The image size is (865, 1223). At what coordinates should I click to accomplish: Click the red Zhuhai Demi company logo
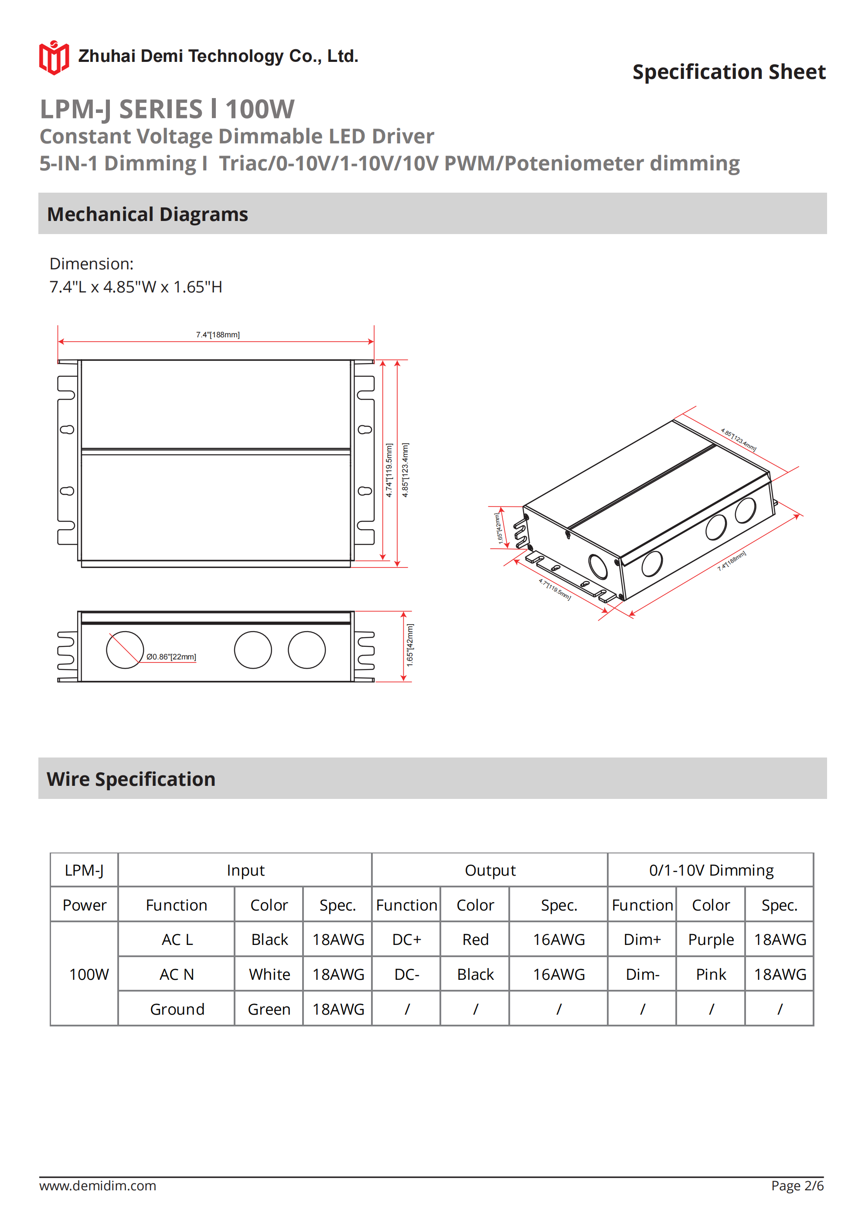(54, 58)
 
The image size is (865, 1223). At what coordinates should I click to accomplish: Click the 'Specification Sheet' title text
(729, 72)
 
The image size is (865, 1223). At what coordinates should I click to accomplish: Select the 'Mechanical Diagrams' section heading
(148, 214)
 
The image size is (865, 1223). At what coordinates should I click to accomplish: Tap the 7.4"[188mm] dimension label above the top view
(218, 334)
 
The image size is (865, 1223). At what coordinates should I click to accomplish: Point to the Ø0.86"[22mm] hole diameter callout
(171, 657)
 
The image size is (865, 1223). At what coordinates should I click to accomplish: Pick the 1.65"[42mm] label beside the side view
(410, 645)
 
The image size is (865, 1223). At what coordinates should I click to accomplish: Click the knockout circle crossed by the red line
(125, 650)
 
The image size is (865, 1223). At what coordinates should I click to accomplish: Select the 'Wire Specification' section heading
(131, 779)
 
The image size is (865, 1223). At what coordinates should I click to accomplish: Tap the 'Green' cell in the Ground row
(269, 1009)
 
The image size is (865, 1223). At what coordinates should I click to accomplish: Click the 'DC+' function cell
(407, 940)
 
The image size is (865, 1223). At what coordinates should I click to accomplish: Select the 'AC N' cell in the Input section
(177, 974)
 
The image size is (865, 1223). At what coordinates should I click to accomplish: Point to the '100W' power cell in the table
(89, 974)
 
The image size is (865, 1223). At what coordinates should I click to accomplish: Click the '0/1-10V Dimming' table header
(711, 870)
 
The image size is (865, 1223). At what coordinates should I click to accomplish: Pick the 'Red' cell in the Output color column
(475, 940)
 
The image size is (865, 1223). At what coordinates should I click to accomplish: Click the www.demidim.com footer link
(98, 1186)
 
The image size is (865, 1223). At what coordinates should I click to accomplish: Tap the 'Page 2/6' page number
(797, 1186)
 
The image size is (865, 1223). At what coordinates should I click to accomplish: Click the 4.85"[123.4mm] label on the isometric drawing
(738, 440)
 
